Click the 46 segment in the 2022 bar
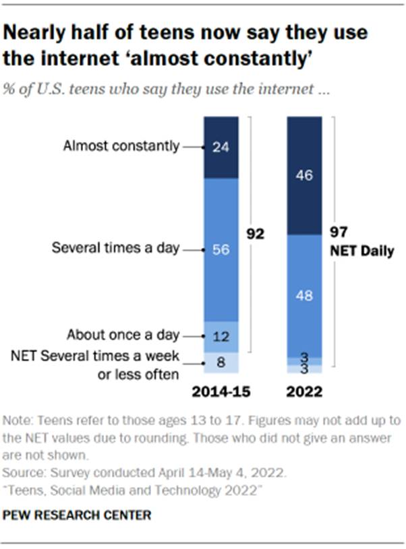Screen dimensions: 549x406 (x=304, y=175)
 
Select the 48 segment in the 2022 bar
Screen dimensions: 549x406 (x=304, y=295)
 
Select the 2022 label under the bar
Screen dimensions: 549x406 (x=304, y=391)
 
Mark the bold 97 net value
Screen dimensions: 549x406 (x=337, y=233)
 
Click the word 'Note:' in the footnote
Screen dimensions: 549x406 (x=17, y=420)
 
